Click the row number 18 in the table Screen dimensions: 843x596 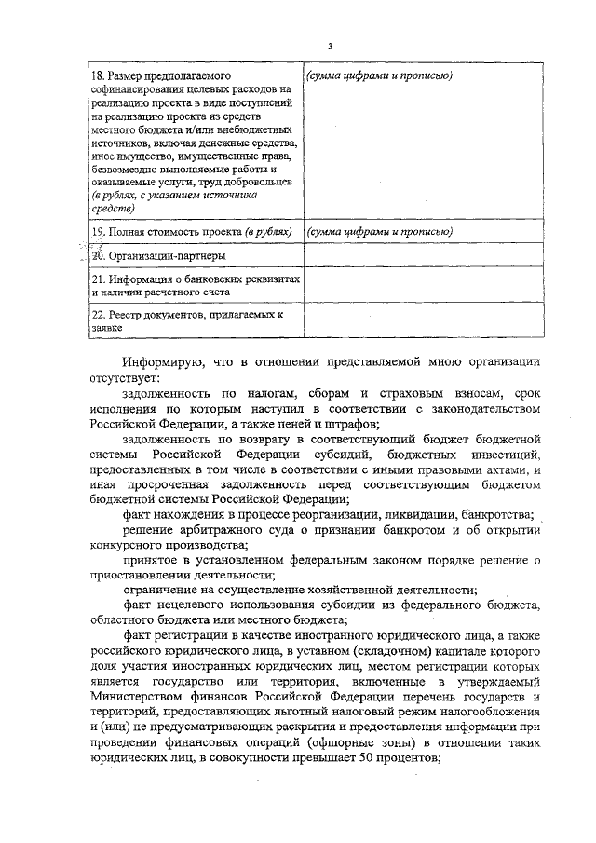click(95, 75)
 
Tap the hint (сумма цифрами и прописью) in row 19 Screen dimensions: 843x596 click(380, 231)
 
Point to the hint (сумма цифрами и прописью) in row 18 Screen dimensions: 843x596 click(380, 75)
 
